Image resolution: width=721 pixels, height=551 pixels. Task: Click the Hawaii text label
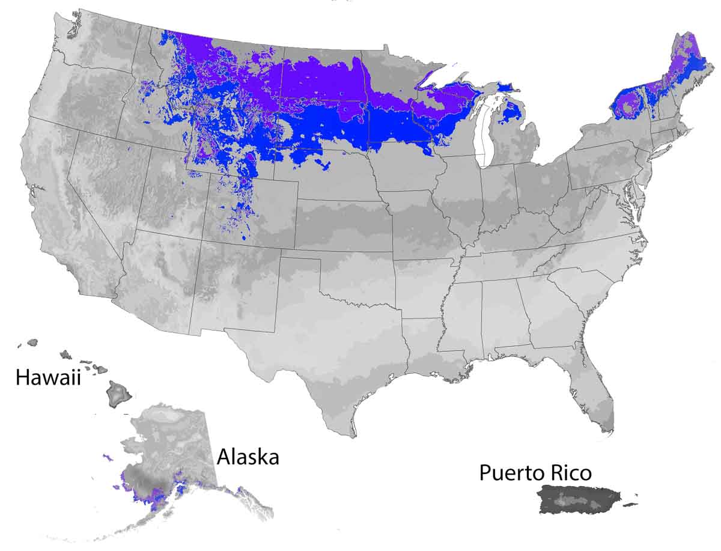point(48,377)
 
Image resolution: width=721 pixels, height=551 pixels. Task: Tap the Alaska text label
point(248,457)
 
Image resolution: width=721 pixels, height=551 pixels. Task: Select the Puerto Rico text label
point(535,473)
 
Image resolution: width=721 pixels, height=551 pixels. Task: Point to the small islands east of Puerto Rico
point(631,504)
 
